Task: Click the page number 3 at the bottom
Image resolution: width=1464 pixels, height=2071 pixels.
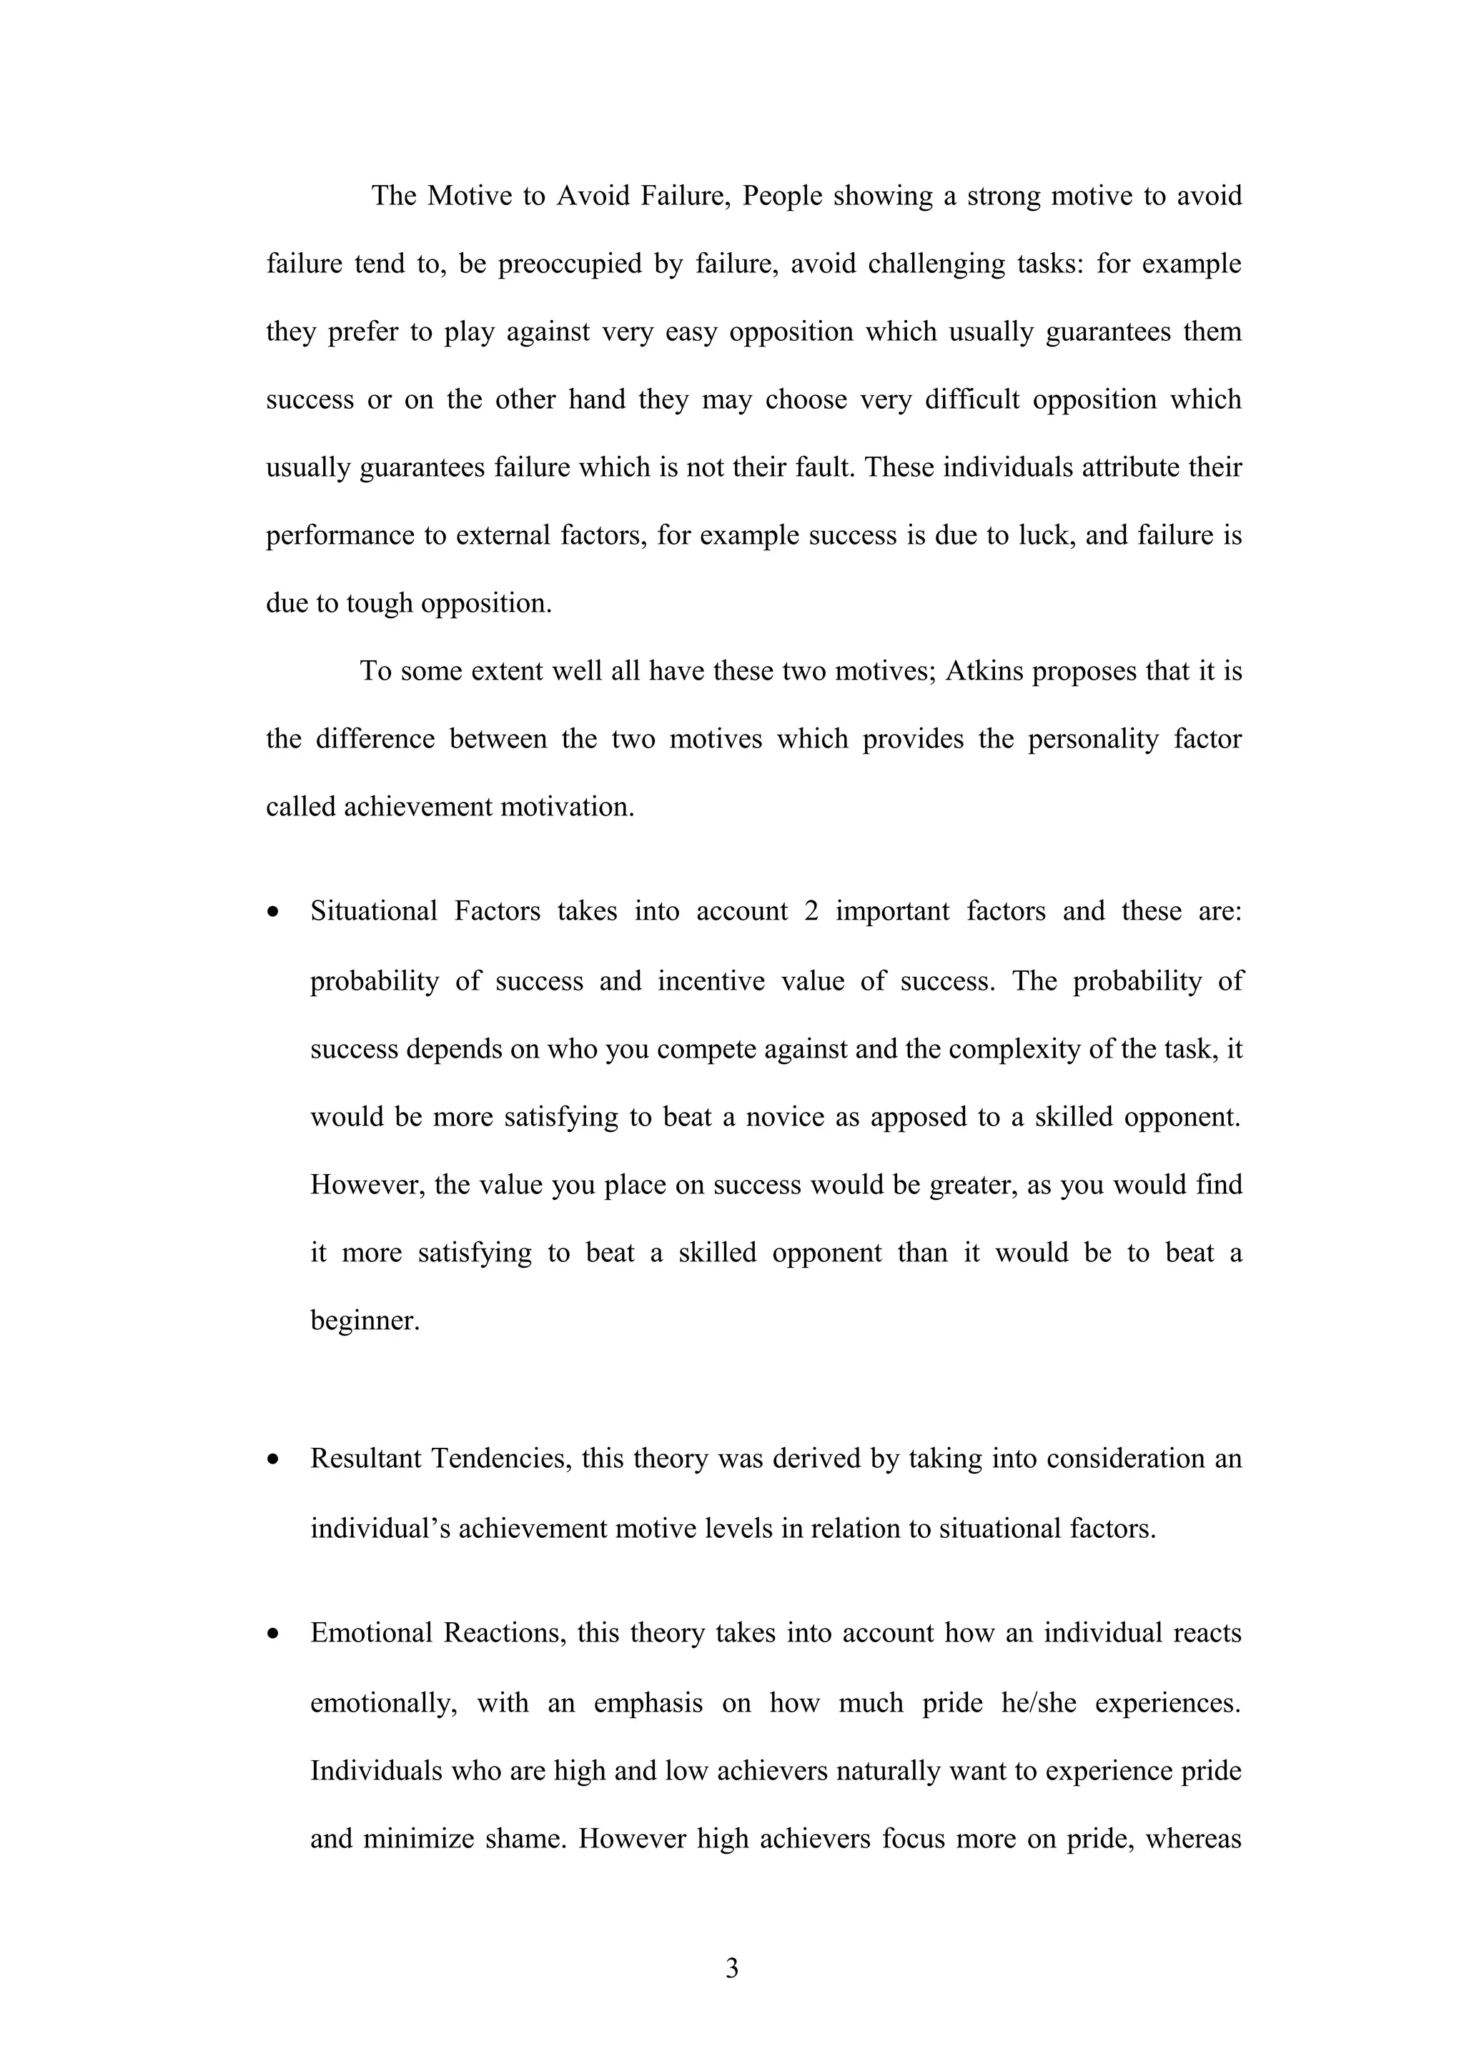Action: click(731, 1968)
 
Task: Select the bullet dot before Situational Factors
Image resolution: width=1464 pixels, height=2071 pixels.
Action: click(273, 912)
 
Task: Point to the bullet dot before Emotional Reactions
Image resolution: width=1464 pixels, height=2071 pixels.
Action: click(273, 1634)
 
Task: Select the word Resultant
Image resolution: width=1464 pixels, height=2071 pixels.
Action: click(365, 1459)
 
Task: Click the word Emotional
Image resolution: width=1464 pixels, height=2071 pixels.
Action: click(372, 1633)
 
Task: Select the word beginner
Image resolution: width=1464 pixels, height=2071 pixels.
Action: click(365, 1321)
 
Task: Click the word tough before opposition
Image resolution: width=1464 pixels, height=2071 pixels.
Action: click(379, 603)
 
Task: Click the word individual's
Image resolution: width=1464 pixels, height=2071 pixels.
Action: click(378, 1529)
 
